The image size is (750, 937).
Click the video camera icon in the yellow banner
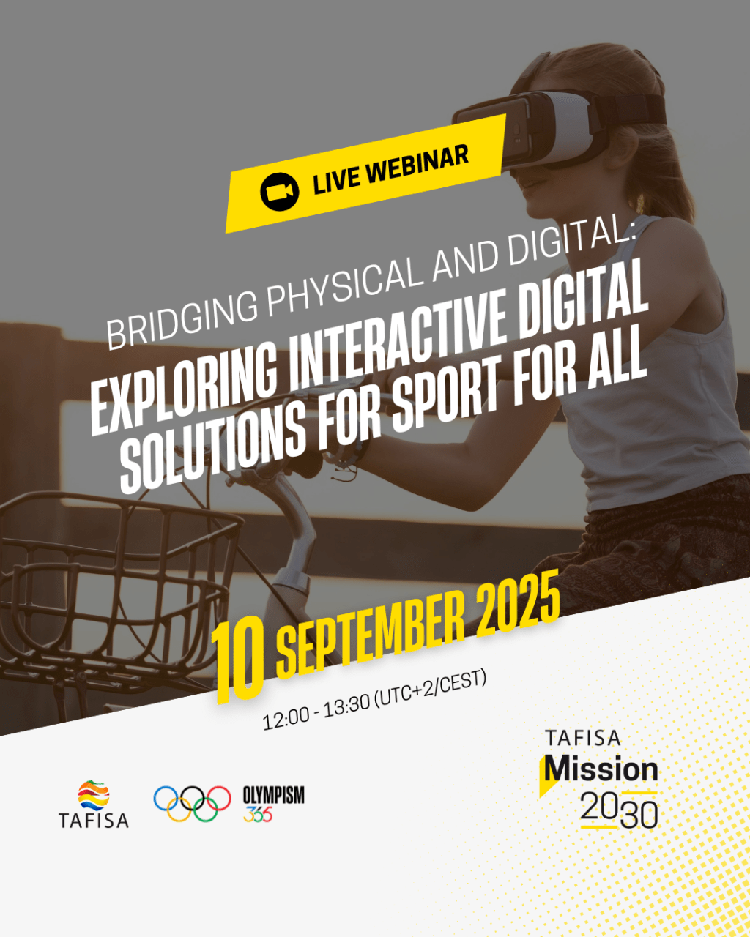(x=279, y=191)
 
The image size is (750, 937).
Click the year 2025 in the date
(x=517, y=602)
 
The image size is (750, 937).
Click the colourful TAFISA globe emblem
(x=94, y=794)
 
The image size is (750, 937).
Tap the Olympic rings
(x=192, y=803)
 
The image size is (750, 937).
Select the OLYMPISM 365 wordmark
(x=273, y=804)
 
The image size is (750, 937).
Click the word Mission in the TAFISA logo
(x=601, y=769)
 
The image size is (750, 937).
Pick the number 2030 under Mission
(x=620, y=810)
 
